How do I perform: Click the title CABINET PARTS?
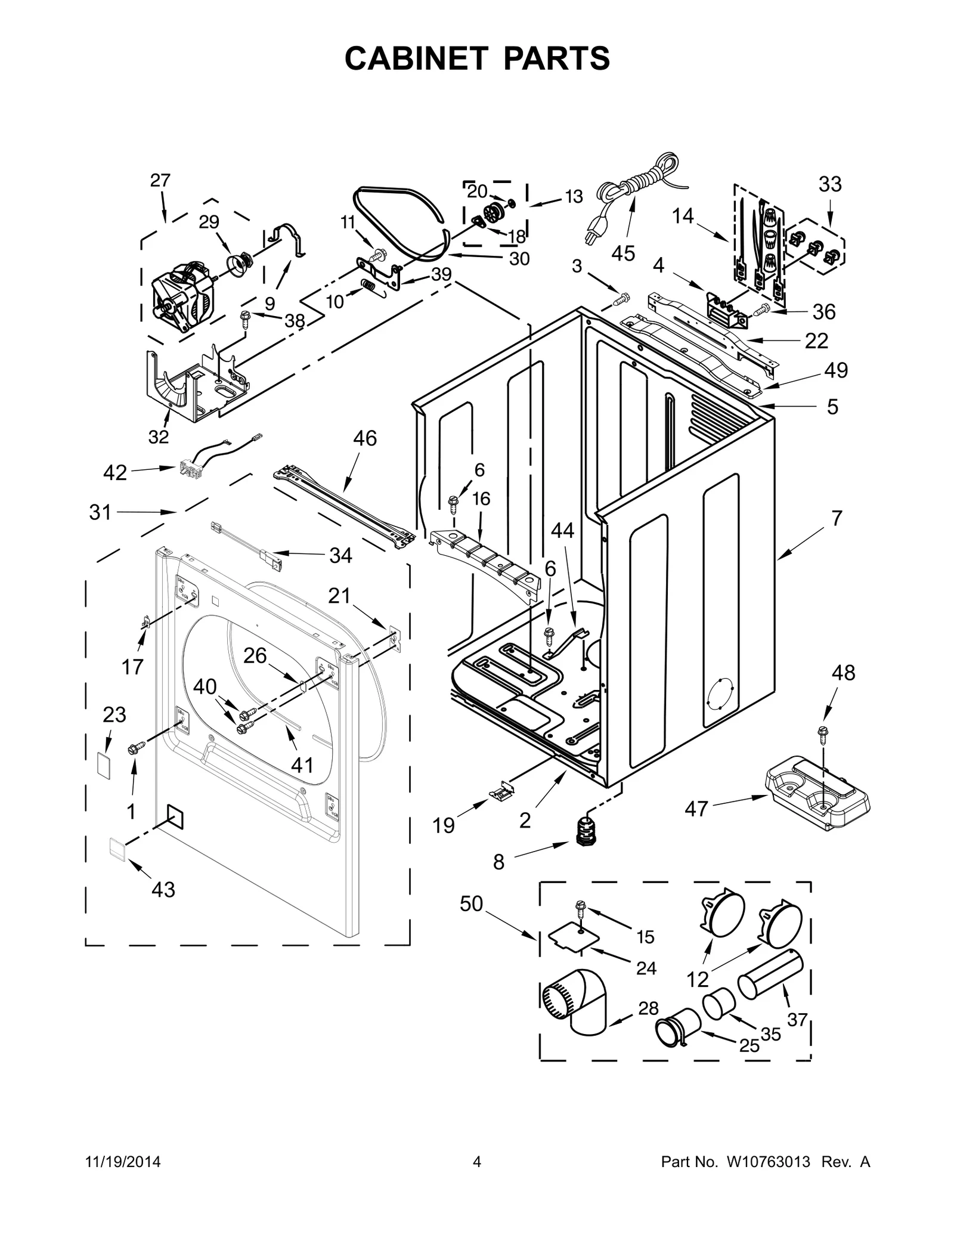click(x=477, y=58)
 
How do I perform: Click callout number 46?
click(x=364, y=438)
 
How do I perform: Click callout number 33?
click(x=829, y=184)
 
